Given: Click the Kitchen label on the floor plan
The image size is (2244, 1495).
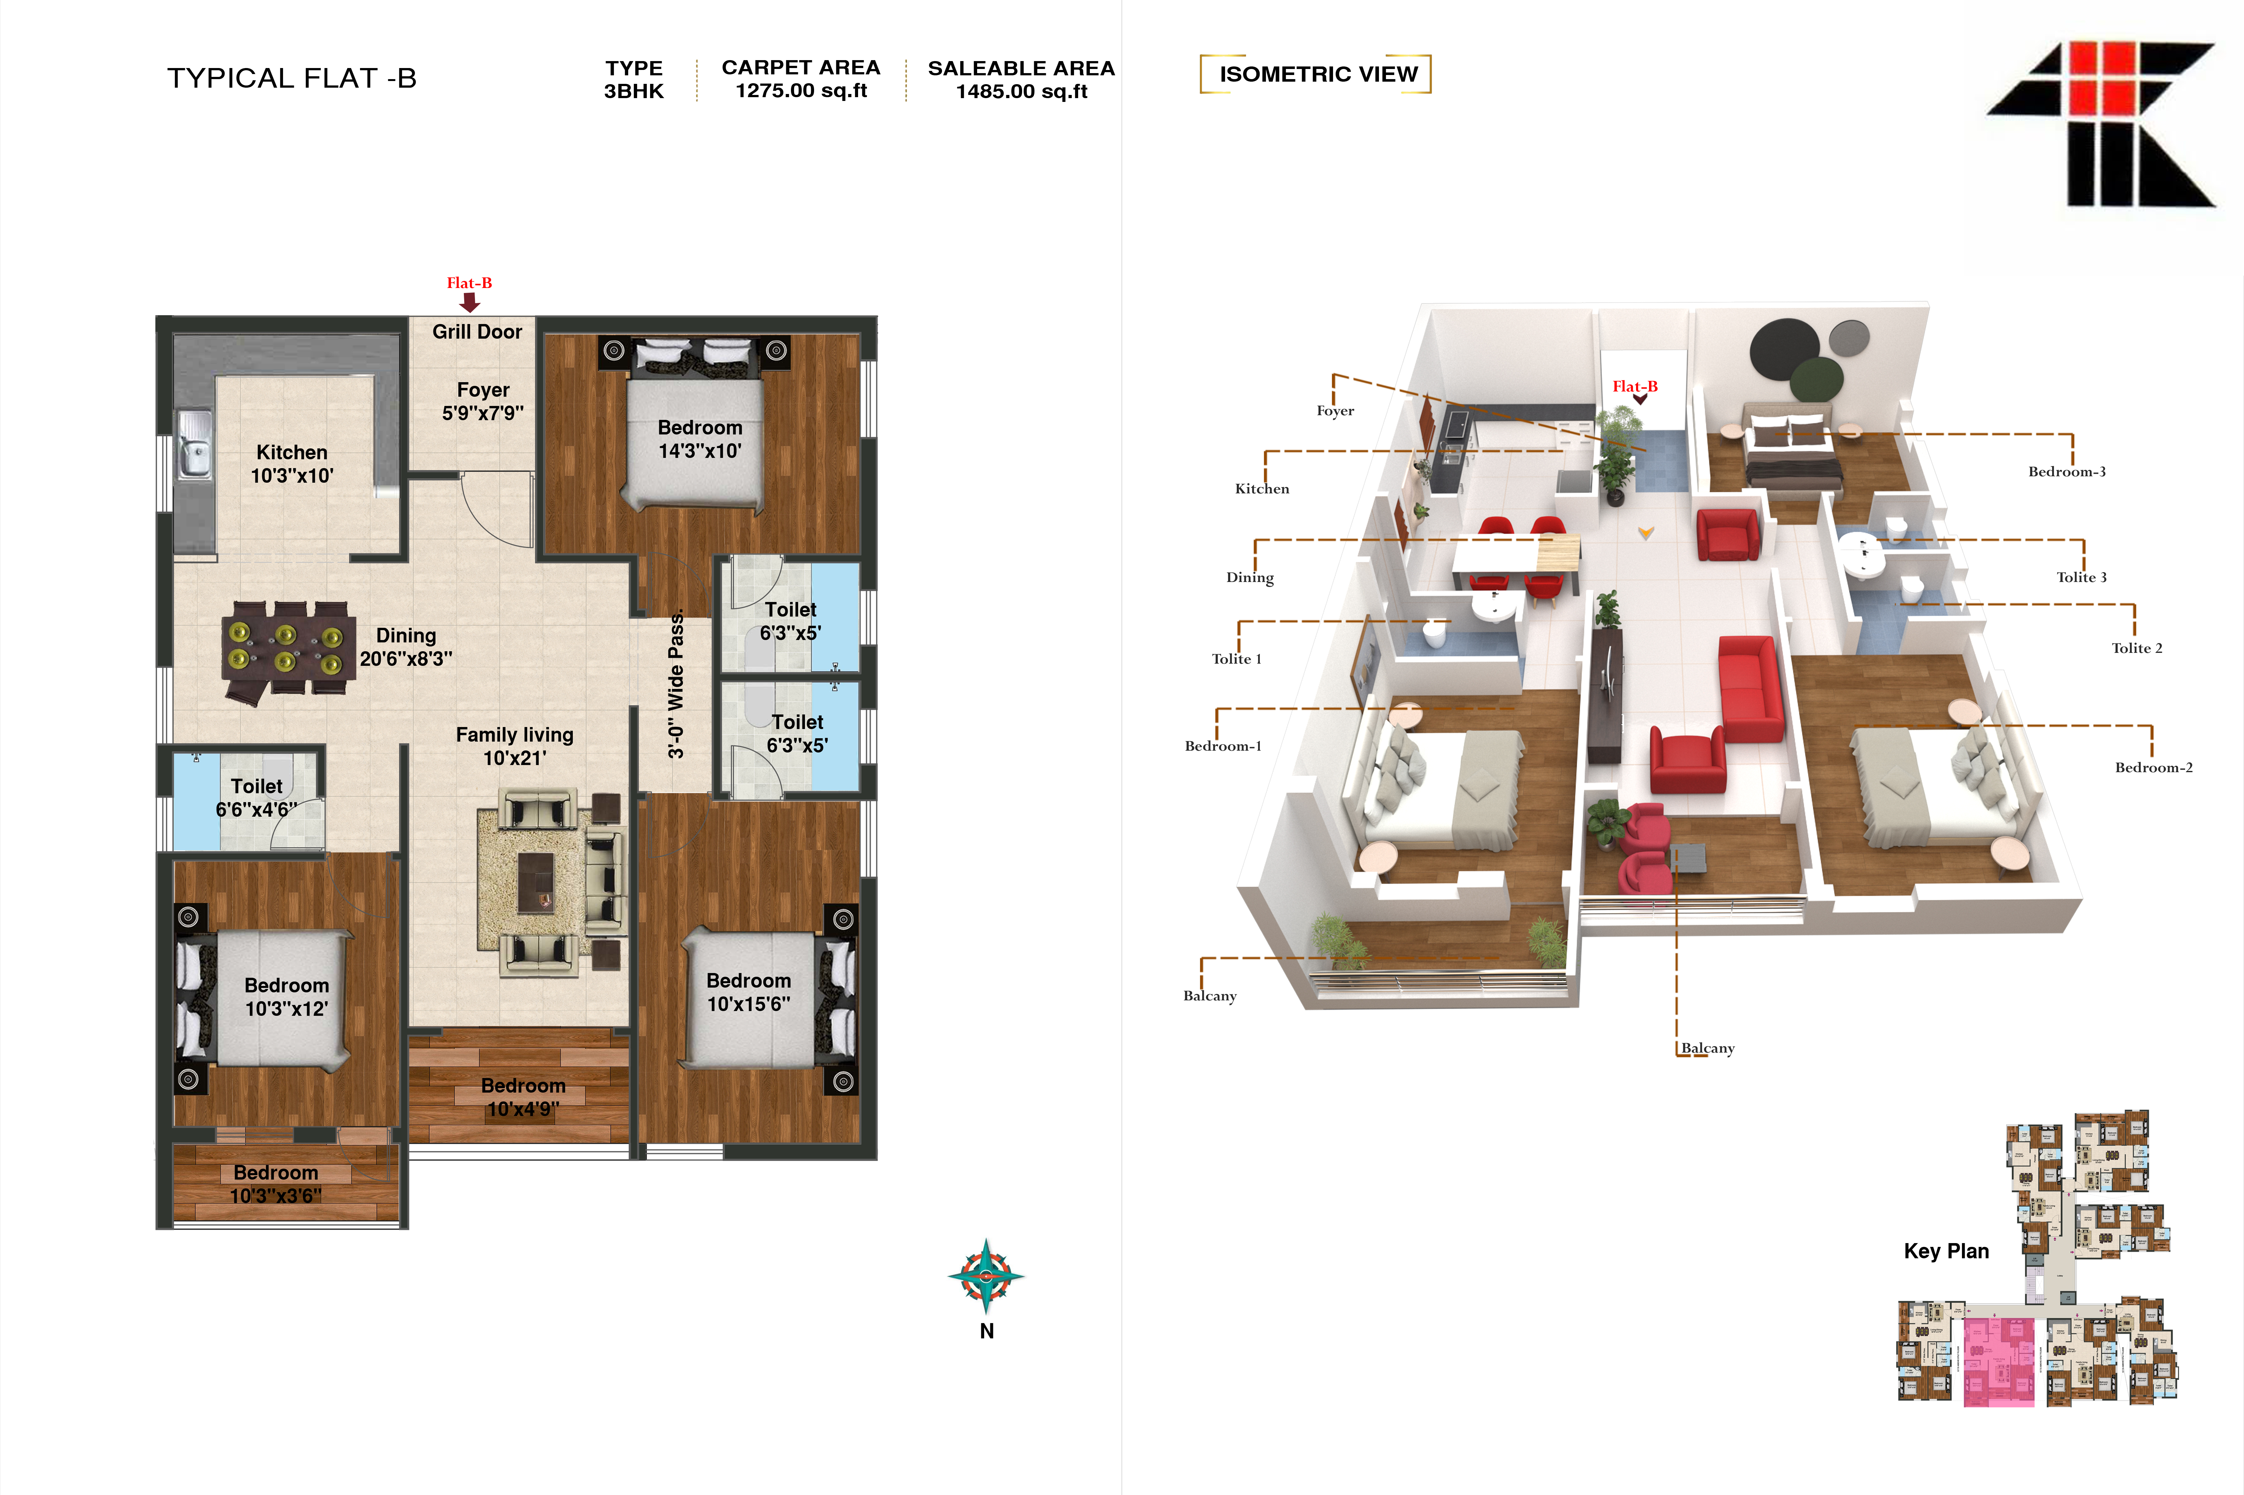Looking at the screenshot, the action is coord(292,463).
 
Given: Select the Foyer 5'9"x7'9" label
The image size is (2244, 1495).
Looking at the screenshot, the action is coord(483,401).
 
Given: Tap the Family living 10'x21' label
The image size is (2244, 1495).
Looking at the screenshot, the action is coord(515,746).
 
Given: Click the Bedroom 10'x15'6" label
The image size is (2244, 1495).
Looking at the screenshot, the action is coord(749,991).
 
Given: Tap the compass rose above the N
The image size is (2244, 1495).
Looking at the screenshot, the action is coord(986,1276).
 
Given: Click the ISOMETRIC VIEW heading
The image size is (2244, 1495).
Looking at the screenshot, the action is coord(1318,74).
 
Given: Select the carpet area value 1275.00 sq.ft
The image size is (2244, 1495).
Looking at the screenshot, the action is coord(801,91).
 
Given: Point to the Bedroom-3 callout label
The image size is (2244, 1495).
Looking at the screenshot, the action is coord(2067,471).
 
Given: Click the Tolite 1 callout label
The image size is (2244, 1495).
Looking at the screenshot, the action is coord(1236,659).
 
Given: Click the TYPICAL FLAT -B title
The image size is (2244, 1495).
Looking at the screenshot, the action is coord(292,78).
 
